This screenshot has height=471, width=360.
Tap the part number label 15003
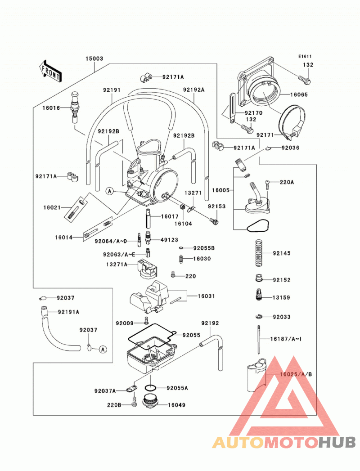pyautogui.click(x=94, y=58)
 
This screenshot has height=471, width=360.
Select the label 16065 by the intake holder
pyautogui.click(x=299, y=94)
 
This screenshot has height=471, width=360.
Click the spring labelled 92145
pyautogui.click(x=259, y=253)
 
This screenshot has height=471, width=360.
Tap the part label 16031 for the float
pyautogui.click(x=206, y=296)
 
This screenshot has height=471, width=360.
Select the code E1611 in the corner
pyautogui.click(x=305, y=56)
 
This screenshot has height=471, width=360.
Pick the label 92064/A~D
pyautogui.click(x=111, y=241)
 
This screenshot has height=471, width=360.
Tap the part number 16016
pyautogui.click(x=51, y=108)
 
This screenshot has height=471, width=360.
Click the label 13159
pyautogui.click(x=281, y=297)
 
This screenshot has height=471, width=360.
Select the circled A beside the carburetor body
pyautogui.click(x=110, y=191)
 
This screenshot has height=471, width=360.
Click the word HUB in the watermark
pyautogui.click(x=337, y=442)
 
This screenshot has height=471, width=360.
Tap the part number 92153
pyautogui.click(x=216, y=206)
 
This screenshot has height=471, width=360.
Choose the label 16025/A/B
pyautogui.click(x=296, y=374)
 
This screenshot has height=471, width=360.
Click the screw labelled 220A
pyautogui.click(x=267, y=184)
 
